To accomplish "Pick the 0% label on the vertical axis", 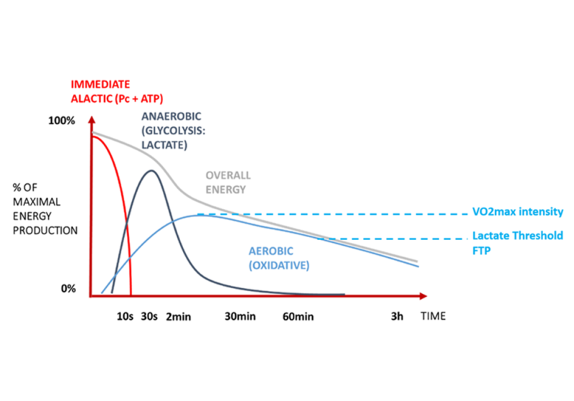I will pyautogui.click(x=67, y=288).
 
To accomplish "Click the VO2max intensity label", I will pyautogui.click(x=517, y=212).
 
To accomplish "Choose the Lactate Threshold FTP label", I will pyautogui.click(x=517, y=241).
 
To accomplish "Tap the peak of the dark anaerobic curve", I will pyautogui.click(x=151, y=170).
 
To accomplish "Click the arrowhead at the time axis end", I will pyautogui.click(x=423, y=295).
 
